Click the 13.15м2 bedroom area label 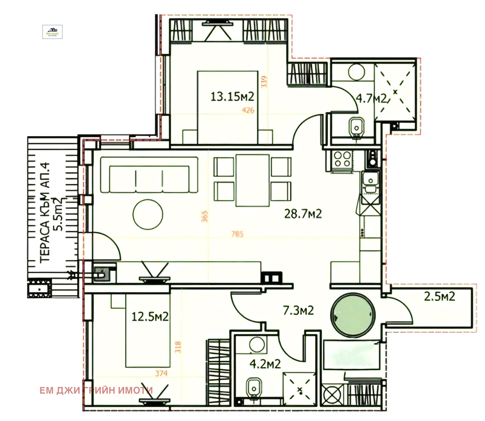232,97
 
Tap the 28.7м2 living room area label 303,214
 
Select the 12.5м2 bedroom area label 150,317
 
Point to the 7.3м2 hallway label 298,310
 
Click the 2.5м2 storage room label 439,296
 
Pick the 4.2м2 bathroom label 265,364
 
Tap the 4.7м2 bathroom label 371,98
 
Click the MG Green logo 52,32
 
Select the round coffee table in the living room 148,214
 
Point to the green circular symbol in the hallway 353,315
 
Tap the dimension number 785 237,234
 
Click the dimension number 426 248,110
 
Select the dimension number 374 161,373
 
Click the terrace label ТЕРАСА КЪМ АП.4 45,213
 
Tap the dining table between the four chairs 253,180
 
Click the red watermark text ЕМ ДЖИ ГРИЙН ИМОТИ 96,390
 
